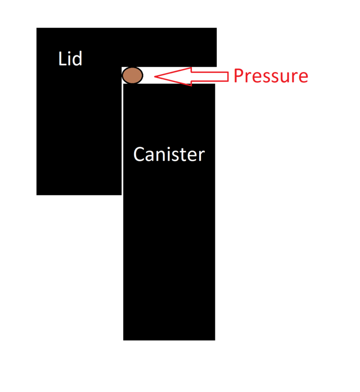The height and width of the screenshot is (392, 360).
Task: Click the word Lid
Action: tap(70, 59)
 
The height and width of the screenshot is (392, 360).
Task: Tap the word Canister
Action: tap(169, 155)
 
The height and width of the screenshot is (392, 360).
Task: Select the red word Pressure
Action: tap(270, 76)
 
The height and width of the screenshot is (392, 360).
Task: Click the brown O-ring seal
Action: tap(132, 75)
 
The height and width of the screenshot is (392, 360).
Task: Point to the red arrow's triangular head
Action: tap(169, 76)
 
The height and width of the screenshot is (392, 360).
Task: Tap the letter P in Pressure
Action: tap(238, 76)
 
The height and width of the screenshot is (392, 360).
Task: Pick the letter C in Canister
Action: tap(139, 155)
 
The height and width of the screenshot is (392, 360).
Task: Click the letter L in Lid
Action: tap(62, 59)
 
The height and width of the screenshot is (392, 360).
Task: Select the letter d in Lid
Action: tap(77, 59)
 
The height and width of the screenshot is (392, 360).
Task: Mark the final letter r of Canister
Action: tap(201, 156)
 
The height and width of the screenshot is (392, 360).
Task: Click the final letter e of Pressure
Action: tap(303, 78)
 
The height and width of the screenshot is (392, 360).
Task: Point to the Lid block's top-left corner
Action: tap(37, 28)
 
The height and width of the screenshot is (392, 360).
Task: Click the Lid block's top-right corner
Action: tap(216, 28)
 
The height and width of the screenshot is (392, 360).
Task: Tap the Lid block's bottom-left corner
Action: tap(37, 194)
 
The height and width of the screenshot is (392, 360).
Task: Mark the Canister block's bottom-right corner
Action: tap(214, 339)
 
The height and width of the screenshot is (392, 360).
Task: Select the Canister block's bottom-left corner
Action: tap(124, 339)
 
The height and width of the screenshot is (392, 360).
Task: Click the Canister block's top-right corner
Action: tap(214, 85)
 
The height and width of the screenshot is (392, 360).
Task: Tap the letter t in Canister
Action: tap(183, 155)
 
